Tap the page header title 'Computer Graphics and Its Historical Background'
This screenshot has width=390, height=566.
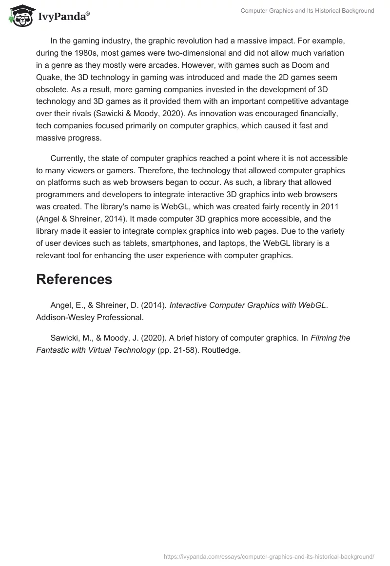pyautogui.click(x=307, y=11)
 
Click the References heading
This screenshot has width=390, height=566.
pyautogui.click(x=74, y=279)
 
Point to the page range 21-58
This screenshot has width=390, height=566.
pyautogui.click(x=182, y=350)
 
